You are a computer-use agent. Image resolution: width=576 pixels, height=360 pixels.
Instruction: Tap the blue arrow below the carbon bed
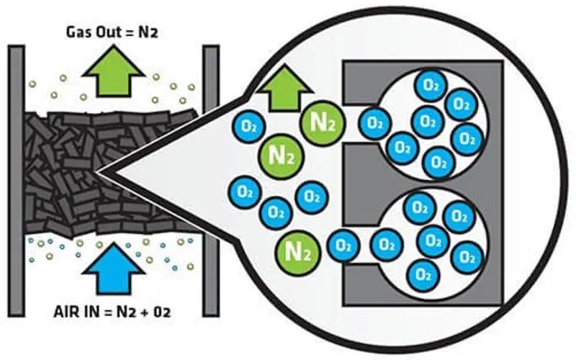click(x=114, y=270)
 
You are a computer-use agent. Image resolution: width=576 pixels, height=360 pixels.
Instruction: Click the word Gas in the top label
click(x=79, y=32)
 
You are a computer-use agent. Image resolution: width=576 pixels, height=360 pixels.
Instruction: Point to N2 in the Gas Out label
click(x=148, y=32)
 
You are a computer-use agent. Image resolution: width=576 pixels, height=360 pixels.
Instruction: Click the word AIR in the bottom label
click(x=66, y=312)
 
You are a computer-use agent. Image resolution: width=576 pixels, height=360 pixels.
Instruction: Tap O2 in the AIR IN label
click(x=162, y=312)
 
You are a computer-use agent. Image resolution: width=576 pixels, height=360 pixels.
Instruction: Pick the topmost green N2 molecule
click(x=323, y=122)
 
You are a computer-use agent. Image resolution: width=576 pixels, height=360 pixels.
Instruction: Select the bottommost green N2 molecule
click(x=297, y=253)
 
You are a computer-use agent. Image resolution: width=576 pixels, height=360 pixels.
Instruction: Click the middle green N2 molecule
click(x=282, y=156)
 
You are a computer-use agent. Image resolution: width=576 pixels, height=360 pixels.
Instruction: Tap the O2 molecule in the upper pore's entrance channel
click(x=374, y=123)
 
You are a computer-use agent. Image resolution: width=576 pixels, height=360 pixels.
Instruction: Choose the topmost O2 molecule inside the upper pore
click(x=431, y=86)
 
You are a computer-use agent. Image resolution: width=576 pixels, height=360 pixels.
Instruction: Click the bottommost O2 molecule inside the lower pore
click(x=423, y=275)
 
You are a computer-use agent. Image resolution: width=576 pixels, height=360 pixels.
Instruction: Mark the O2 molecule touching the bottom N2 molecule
click(x=343, y=246)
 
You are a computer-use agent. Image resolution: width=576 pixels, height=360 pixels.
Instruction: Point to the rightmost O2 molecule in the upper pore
click(x=467, y=139)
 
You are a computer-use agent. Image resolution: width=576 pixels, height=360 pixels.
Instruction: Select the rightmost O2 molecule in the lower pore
click(x=467, y=258)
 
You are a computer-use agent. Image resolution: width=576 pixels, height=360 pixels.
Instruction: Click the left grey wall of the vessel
click(x=17, y=181)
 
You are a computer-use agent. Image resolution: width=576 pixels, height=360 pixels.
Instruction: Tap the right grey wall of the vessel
click(x=211, y=181)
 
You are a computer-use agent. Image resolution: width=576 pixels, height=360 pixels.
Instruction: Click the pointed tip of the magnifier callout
click(x=96, y=172)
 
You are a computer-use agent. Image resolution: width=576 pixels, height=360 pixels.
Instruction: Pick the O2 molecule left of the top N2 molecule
click(x=248, y=126)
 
